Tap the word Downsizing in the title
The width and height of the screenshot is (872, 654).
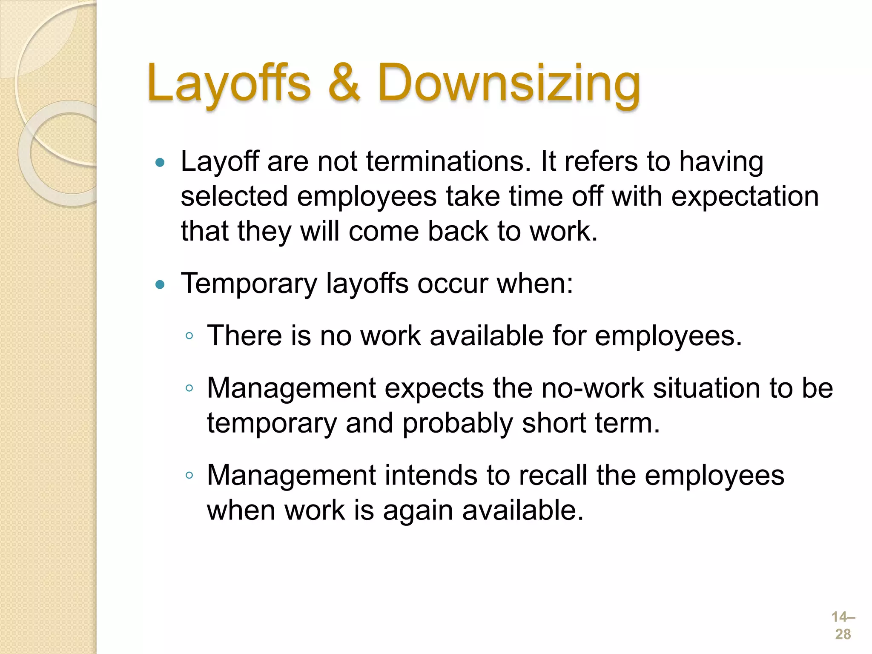pyautogui.click(x=509, y=84)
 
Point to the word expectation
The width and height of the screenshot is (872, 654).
pyautogui.click(x=745, y=198)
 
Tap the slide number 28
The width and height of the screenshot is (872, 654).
pyautogui.click(x=843, y=634)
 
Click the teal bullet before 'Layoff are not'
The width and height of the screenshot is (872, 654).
pyautogui.click(x=160, y=162)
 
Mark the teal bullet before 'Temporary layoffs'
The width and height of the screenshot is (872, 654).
pyautogui.click(x=160, y=284)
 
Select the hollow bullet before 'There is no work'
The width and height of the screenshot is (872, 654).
pyautogui.click(x=189, y=336)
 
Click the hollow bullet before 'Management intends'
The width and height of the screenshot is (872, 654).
pyautogui.click(x=189, y=476)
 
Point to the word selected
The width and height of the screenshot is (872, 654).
pyautogui.click(x=234, y=198)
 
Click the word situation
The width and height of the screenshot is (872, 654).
pyautogui.click(x=706, y=388)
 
